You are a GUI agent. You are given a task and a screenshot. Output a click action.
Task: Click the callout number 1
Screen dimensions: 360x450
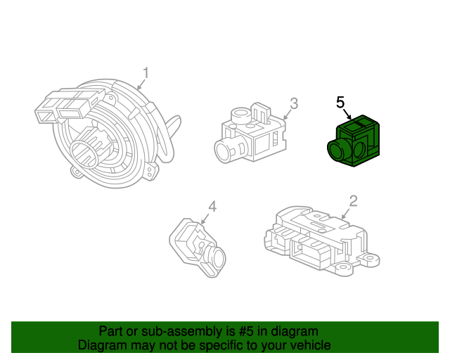click(x=146, y=73)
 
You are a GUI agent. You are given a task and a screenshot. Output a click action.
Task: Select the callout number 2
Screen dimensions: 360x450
click(x=354, y=201)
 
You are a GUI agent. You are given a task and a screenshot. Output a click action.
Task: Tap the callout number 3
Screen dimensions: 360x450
click(x=294, y=103)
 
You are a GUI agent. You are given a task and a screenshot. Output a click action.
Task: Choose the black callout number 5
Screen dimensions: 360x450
click(x=340, y=103)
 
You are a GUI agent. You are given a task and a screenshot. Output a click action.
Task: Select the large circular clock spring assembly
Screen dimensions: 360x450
click(x=112, y=137)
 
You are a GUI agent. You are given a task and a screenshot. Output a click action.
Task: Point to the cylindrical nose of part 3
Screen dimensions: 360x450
click(x=226, y=148)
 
